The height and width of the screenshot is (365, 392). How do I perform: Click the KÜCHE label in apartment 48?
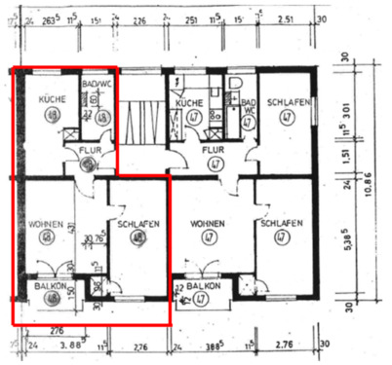tap(50, 99)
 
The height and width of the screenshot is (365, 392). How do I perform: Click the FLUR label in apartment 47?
tap(215, 151)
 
